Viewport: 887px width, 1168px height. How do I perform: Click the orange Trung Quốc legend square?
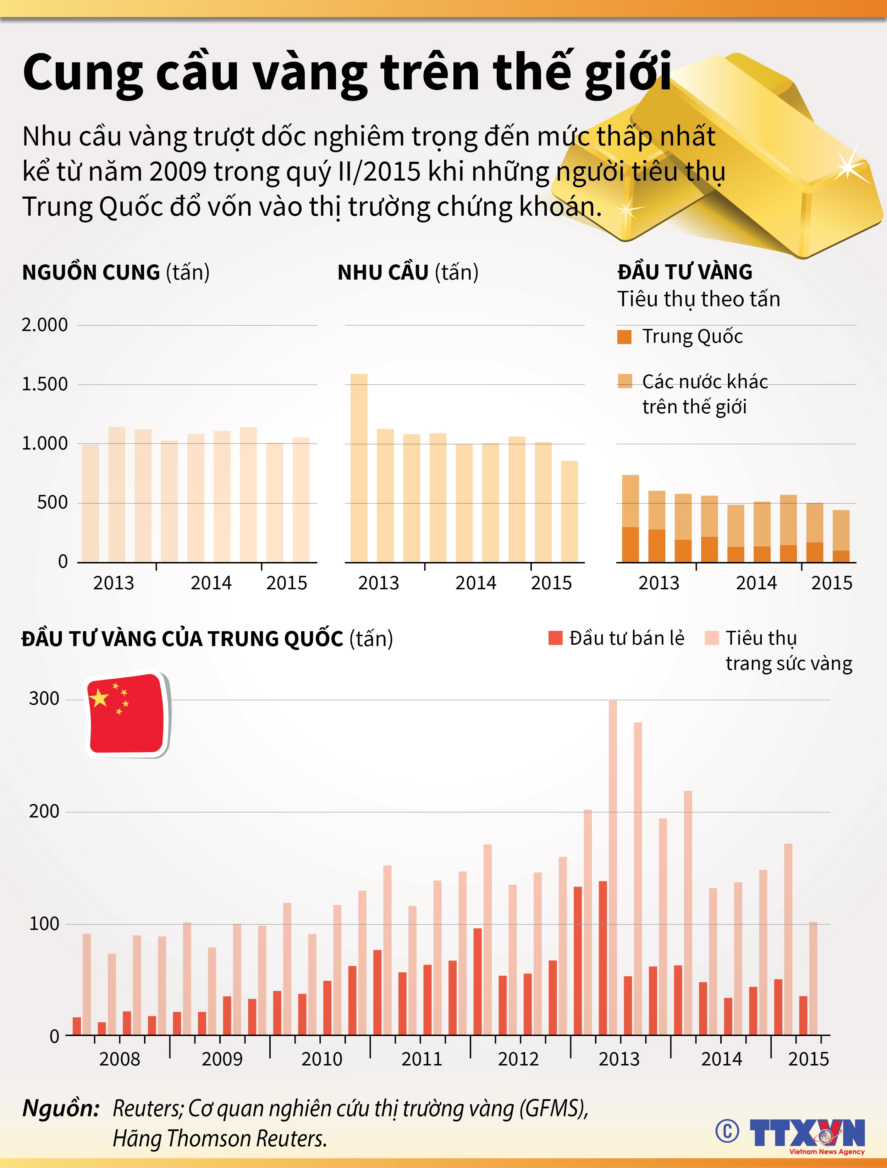[624, 337]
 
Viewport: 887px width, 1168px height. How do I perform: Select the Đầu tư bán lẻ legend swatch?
[555, 638]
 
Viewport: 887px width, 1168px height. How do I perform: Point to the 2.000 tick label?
[45, 325]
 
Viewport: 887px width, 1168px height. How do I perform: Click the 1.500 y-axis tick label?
[45, 384]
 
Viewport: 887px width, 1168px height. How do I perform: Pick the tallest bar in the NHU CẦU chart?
[359, 467]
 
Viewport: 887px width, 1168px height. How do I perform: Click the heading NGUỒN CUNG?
[91, 272]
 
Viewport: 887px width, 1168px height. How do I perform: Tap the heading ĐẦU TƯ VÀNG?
[685, 272]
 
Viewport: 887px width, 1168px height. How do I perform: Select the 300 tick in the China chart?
[44, 699]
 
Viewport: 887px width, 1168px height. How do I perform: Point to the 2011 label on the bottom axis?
[422, 1059]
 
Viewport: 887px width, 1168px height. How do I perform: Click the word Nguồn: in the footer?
[61, 1108]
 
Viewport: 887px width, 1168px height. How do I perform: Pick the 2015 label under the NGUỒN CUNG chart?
[286, 583]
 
